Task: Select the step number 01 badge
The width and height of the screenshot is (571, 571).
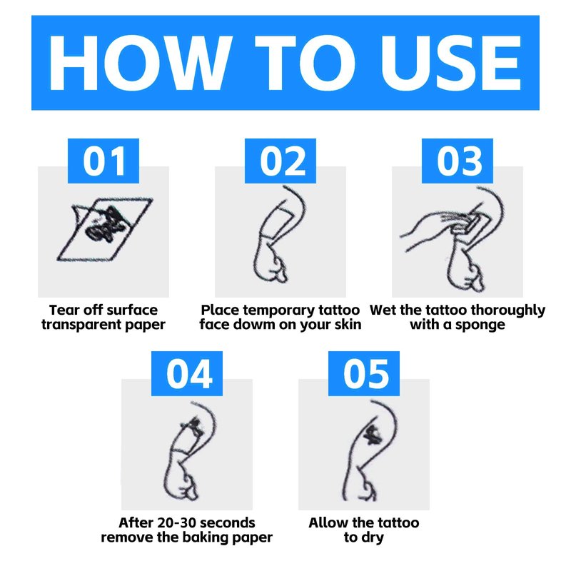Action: (x=103, y=161)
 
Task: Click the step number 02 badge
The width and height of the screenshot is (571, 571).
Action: (x=281, y=161)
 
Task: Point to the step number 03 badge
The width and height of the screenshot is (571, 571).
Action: (x=458, y=161)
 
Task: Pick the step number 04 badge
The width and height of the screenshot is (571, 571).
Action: (x=187, y=373)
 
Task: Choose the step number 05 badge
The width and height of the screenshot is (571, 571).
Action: (x=364, y=373)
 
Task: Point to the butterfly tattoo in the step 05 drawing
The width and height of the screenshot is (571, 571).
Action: (x=372, y=435)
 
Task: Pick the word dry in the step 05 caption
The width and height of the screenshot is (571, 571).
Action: (x=373, y=538)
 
